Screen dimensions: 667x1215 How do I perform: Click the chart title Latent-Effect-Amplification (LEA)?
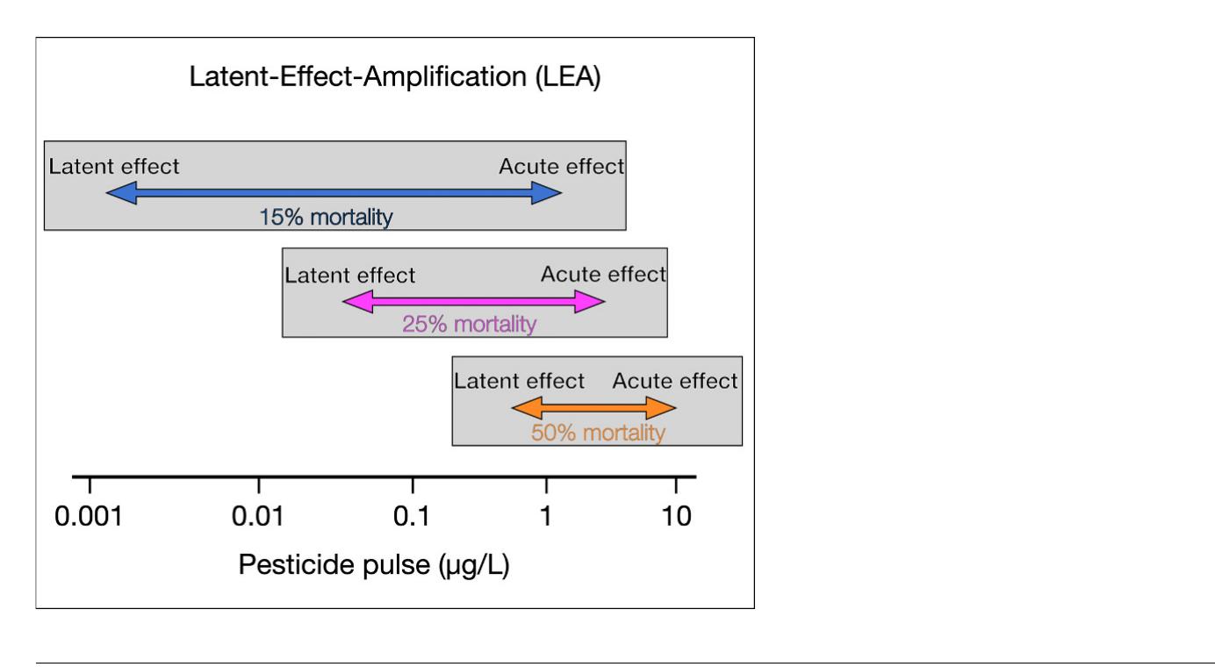pyautogui.click(x=395, y=77)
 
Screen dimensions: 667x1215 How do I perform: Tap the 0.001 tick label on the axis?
pyautogui.click(x=90, y=518)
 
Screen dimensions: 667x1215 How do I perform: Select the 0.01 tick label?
pyautogui.click(x=258, y=518)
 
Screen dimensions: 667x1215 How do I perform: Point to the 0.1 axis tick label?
pyautogui.click(x=411, y=518)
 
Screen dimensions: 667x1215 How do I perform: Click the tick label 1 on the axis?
pyautogui.click(x=546, y=518)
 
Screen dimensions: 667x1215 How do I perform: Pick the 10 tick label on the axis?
pyautogui.click(x=675, y=518)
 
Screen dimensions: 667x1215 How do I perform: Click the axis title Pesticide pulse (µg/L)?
pyautogui.click(x=374, y=565)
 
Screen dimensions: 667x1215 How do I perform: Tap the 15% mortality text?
pyautogui.click(x=326, y=217)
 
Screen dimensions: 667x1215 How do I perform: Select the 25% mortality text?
pyautogui.click(x=469, y=324)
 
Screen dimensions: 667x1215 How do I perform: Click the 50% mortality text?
pyautogui.click(x=598, y=433)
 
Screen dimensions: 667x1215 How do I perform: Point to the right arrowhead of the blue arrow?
pyautogui.click(x=548, y=193)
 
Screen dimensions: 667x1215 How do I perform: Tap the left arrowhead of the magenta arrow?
pyautogui.click(x=356, y=302)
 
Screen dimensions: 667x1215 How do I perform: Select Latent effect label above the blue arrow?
pyautogui.click(x=114, y=166)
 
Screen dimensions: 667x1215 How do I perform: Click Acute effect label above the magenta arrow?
pyautogui.click(x=603, y=275)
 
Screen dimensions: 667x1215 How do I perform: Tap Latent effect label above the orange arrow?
pyautogui.click(x=519, y=381)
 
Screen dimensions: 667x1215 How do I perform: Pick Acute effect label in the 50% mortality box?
pyautogui.click(x=674, y=381)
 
